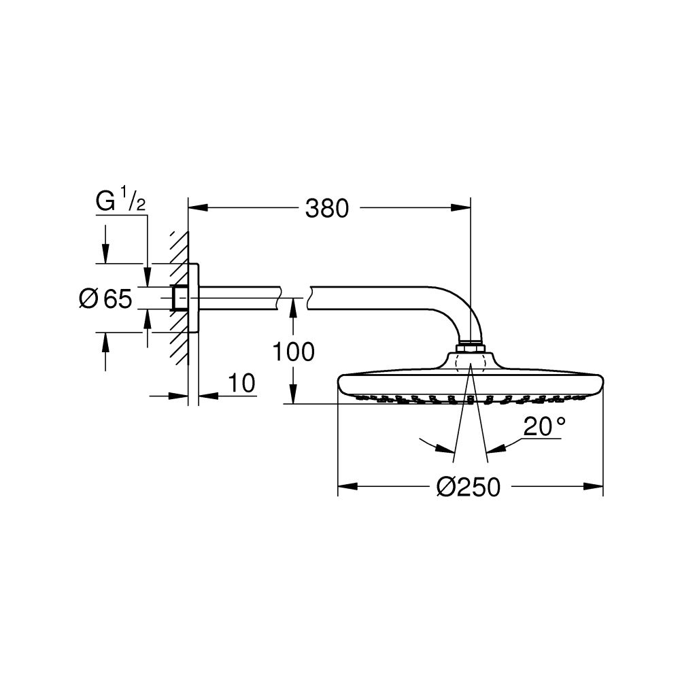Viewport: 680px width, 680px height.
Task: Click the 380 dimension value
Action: [x=327, y=208]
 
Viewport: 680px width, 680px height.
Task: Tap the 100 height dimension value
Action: [x=293, y=352]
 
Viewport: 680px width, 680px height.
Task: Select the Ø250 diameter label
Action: [x=468, y=487]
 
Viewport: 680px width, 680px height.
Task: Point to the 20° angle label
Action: [x=544, y=427]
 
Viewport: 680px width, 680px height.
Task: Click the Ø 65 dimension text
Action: [x=105, y=299]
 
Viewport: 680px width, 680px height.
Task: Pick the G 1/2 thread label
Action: [x=120, y=202]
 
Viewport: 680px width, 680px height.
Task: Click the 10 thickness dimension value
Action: [x=242, y=384]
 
